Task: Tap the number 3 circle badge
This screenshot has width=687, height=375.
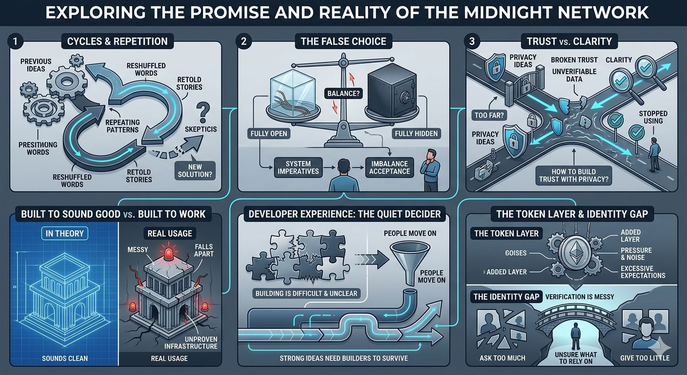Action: coord(471,42)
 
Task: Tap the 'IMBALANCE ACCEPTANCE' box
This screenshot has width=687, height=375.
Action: coord(389,167)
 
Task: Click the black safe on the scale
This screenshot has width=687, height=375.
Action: coord(393,88)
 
